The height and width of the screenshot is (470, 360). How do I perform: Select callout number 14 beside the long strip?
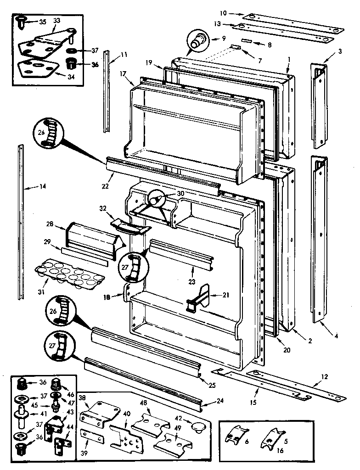(x=43, y=187)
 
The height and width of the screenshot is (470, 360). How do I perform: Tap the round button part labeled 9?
(x=198, y=41)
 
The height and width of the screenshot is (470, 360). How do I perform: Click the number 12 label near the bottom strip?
(x=325, y=377)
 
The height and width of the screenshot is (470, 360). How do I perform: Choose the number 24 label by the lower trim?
(x=220, y=400)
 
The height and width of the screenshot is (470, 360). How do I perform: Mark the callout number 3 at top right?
(x=340, y=51)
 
